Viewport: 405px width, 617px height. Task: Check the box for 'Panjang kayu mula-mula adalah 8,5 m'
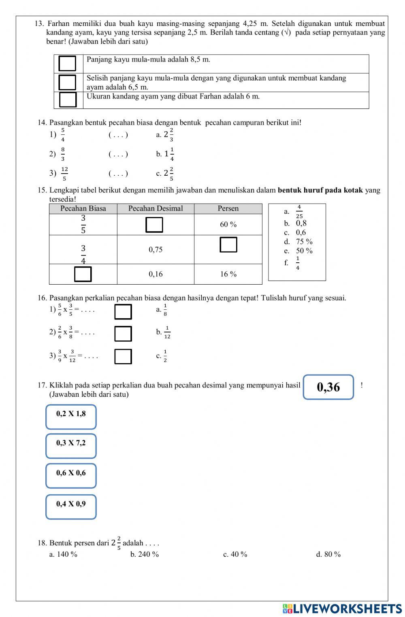click(67, 64)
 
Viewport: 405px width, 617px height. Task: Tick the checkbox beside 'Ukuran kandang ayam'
click(68, 100)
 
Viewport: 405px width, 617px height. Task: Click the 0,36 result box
click(328, 387)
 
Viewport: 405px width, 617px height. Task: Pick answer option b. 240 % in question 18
click(144, 554)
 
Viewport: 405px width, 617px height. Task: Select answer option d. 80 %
click(328, 554)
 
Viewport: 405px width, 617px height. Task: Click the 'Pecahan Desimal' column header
click(156, 209)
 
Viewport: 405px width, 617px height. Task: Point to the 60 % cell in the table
click(228, 225)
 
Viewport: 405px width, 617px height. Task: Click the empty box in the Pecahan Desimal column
click(154, 225)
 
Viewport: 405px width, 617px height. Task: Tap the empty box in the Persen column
click(228, 245)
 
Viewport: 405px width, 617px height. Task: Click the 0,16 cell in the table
click(156, 274)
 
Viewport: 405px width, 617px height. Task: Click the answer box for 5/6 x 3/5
click(123, 312)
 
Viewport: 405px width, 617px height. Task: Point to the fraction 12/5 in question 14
click(64, 174)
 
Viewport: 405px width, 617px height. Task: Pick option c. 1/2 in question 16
click(162, 356)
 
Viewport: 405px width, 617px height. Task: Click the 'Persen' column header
click(228, 209)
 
